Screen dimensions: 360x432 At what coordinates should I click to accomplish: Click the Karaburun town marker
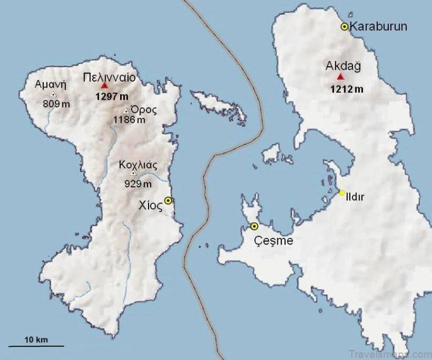(x=344, y=26)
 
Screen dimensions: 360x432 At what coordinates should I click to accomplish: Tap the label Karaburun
(x=378, y=26)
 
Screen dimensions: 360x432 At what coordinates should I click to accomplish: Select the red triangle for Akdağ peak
(x=340, y=77)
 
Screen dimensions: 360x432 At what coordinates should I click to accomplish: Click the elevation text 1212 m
(x=346, y=89)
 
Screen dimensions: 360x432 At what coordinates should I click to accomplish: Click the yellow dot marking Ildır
(x=342, y=192)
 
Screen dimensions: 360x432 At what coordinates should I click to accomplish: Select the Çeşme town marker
(x=254, y=226)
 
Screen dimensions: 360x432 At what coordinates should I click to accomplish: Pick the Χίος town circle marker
(x=168, y=201)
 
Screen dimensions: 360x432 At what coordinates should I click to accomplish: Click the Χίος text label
(x=150, y=205)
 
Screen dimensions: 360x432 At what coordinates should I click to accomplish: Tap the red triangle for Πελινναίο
(x=105, y=86)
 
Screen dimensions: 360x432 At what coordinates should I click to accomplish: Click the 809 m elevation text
(x=56, y=102)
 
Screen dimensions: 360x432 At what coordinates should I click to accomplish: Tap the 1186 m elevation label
(x=129, y=119)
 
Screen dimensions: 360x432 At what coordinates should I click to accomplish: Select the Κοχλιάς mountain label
(x=138, y=164)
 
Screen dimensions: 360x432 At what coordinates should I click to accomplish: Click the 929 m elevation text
(x=138, y=184)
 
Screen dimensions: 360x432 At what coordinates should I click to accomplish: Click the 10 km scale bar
(x=36, y=345)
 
